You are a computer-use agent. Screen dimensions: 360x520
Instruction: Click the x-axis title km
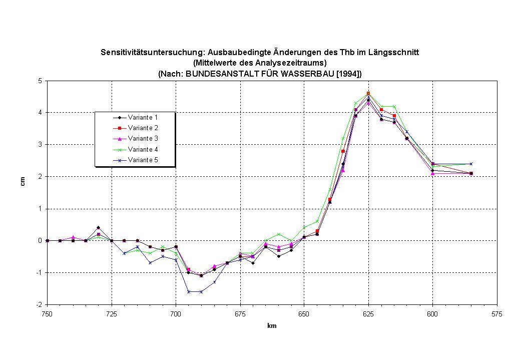[x=272, y=326]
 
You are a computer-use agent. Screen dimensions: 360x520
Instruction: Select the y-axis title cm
[x=23, y=182]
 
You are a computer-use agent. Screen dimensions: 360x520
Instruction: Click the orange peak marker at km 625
[x=368, y=93]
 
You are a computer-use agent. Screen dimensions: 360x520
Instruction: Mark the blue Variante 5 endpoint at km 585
[x=471, y=164]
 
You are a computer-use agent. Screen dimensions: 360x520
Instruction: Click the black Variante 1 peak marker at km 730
[x=98, y=228]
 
